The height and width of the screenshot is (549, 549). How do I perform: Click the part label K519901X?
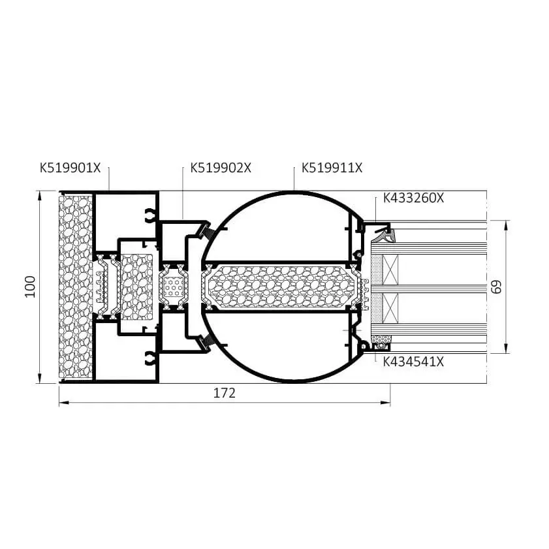70,168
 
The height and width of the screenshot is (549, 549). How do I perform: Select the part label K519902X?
221,168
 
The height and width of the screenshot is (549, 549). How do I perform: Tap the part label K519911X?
332,168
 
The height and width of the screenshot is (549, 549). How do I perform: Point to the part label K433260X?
413,198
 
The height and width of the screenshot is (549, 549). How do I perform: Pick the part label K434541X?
413,362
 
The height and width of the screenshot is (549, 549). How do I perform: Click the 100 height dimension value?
31,287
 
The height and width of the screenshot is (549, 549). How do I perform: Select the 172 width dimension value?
225,393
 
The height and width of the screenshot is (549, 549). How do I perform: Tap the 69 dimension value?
497,287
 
